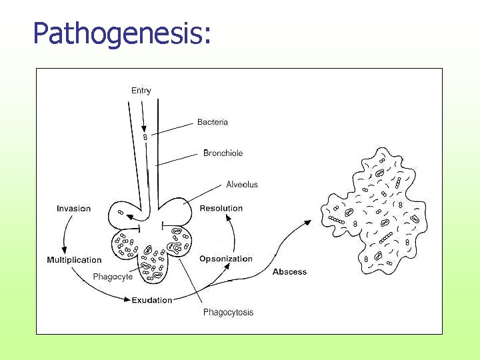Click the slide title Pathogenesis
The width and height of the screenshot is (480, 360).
point(122,33)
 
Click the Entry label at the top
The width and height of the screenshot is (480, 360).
point(141,91)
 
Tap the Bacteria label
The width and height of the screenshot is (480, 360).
point(213,122)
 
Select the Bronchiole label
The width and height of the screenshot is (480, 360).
point(223,153)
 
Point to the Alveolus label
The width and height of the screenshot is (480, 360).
point(242,184)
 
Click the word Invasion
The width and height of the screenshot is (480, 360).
point(73,209)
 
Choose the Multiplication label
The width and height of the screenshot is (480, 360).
point(74,260)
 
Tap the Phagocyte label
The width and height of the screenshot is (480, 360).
point(113,277)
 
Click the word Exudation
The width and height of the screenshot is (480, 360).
point(152,300)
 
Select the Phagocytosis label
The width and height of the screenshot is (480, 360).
point(228,312)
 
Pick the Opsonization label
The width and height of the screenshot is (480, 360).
point(226,259)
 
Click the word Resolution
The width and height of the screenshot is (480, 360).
point(221,208)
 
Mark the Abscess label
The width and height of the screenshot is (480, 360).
point(290,271)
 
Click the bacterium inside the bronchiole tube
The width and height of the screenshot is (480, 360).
point(145,137)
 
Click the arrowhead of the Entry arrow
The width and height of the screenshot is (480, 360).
point(144,128)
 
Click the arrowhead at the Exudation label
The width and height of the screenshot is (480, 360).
point(128,301)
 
